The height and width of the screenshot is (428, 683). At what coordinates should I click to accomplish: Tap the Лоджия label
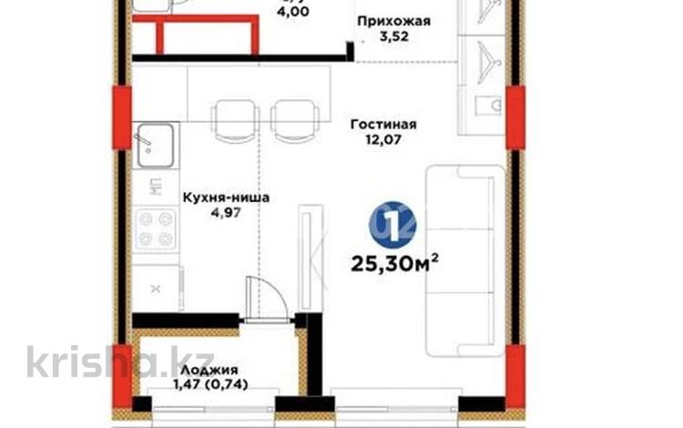pos(209,370)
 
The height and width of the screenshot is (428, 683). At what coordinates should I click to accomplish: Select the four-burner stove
pos(155,228)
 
